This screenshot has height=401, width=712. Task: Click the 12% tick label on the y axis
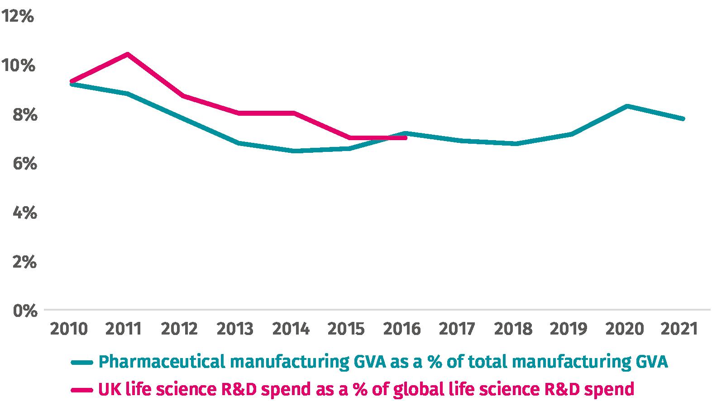[19, 17]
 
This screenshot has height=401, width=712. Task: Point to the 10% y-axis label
[19, 66]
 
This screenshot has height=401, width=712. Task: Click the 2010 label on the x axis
[68, 329]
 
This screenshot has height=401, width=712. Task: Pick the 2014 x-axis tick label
[291, 329]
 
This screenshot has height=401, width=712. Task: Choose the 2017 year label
[457, 329]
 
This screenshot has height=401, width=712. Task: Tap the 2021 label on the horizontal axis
[679, 329]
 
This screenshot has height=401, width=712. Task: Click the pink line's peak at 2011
[128, 54]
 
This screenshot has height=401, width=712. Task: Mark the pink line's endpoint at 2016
[405, 137]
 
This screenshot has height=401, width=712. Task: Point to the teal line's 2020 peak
[627, 106]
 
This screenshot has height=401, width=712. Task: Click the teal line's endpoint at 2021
[683, 119]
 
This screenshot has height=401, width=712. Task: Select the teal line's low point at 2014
[294, 151]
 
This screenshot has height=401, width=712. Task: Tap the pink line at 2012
[183, 96]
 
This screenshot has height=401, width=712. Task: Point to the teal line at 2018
[516, 144]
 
